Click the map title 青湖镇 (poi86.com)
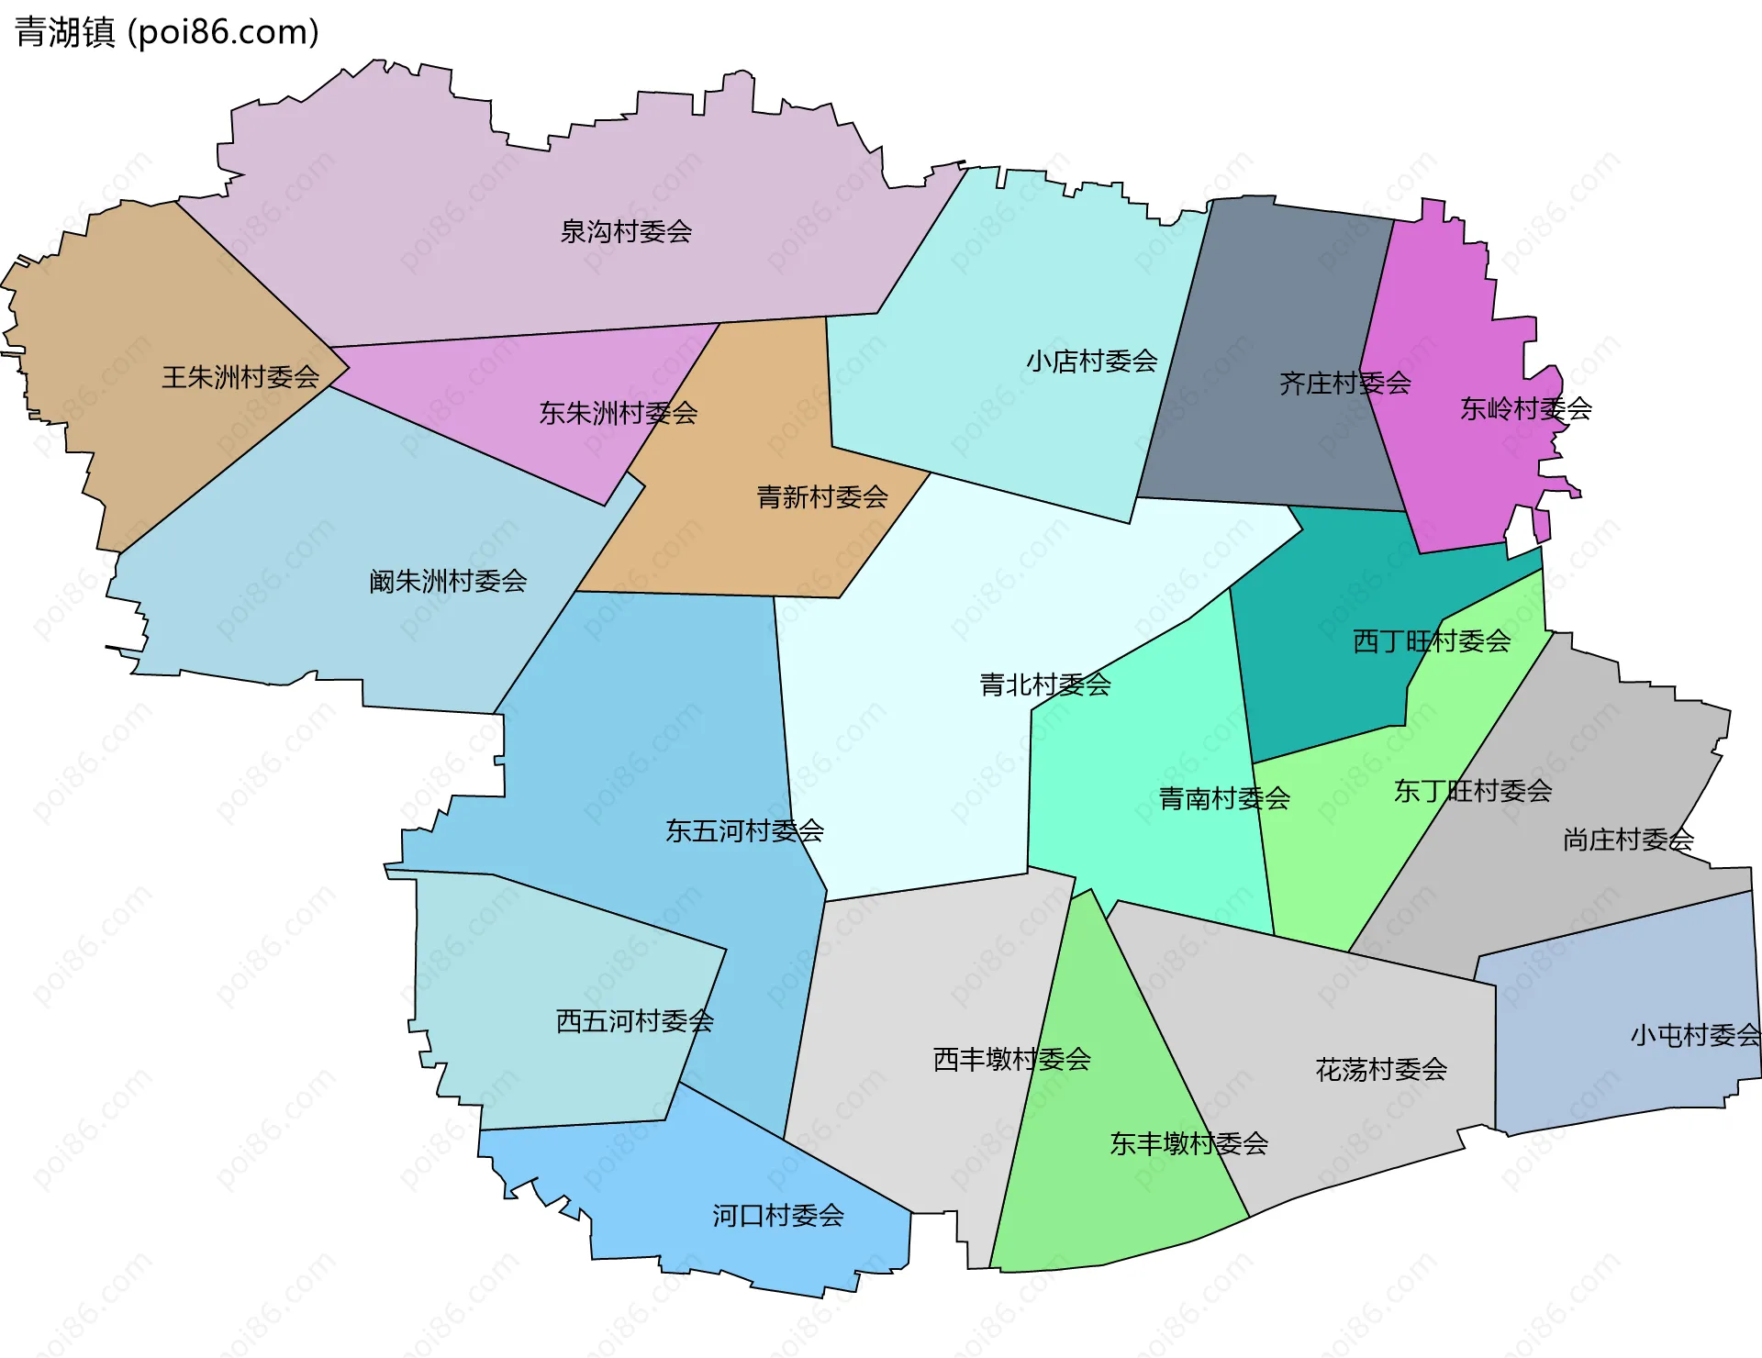[x=167, y=32]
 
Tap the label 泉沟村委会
[x=626, y=231]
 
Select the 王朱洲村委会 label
[x=240, y=376]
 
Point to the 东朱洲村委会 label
[x=618, y=413]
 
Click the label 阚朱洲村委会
[x=448, y=581]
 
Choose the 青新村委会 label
[x=822, y=497]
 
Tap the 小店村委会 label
[x=1091, y=361]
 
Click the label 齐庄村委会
[x=1344, y=383]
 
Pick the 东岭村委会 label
[x=1525, y=408]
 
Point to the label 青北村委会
[x=1045, y=685]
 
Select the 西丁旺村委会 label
[x=1432, y=641]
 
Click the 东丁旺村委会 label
[x=1473, y=791]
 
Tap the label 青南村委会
[x=1224, y=798]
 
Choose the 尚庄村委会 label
[x=1628, y=840]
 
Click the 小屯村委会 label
[x=1695, y=1035]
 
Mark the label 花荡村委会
[x=1381, y=1069]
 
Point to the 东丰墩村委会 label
[x=1188, y=1143]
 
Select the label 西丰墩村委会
[x=1011, y=1060]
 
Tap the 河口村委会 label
[x=778, y=1216]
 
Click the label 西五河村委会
[x=635, y=1020]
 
